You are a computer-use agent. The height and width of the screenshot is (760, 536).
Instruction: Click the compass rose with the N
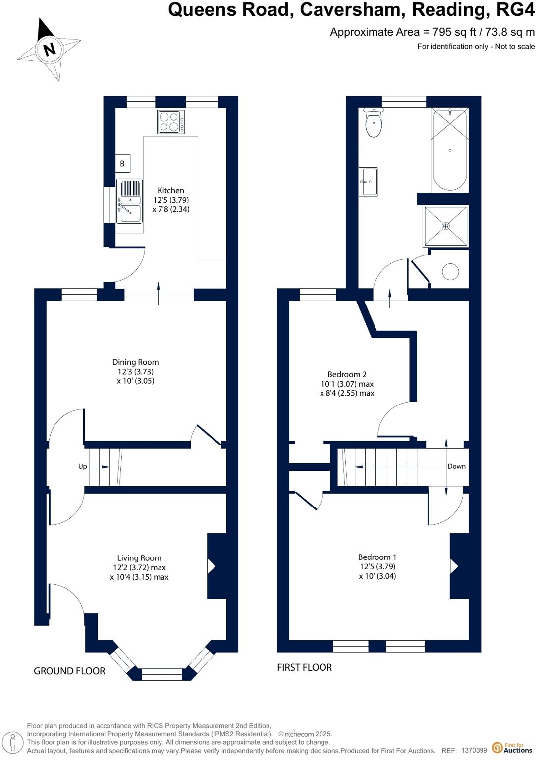tap(49, 50)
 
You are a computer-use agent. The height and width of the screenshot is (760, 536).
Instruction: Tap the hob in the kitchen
tap(171, 122)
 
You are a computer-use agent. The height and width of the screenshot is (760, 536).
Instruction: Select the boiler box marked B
tap(122, 163)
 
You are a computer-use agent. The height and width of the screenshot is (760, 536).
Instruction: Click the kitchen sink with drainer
tap(129, 201)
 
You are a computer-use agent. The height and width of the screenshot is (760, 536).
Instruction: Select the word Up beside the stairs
tap(82, 466)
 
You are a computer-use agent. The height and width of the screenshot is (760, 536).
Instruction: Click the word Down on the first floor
tap(456, 466)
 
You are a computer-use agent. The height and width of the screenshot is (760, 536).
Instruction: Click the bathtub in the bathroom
tap(450, 150)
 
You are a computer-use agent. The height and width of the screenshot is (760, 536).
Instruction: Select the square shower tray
tap(446, 226)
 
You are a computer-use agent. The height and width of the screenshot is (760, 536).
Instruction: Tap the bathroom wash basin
tap(368, 182)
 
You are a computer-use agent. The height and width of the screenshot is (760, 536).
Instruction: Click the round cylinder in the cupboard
tap(450, 272)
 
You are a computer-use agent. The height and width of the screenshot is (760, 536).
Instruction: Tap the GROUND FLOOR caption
tap(69, 671)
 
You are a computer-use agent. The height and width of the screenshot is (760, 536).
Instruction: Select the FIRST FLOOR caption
tap(304, 667)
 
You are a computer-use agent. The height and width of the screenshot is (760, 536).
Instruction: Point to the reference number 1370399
tap(474, 751)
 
